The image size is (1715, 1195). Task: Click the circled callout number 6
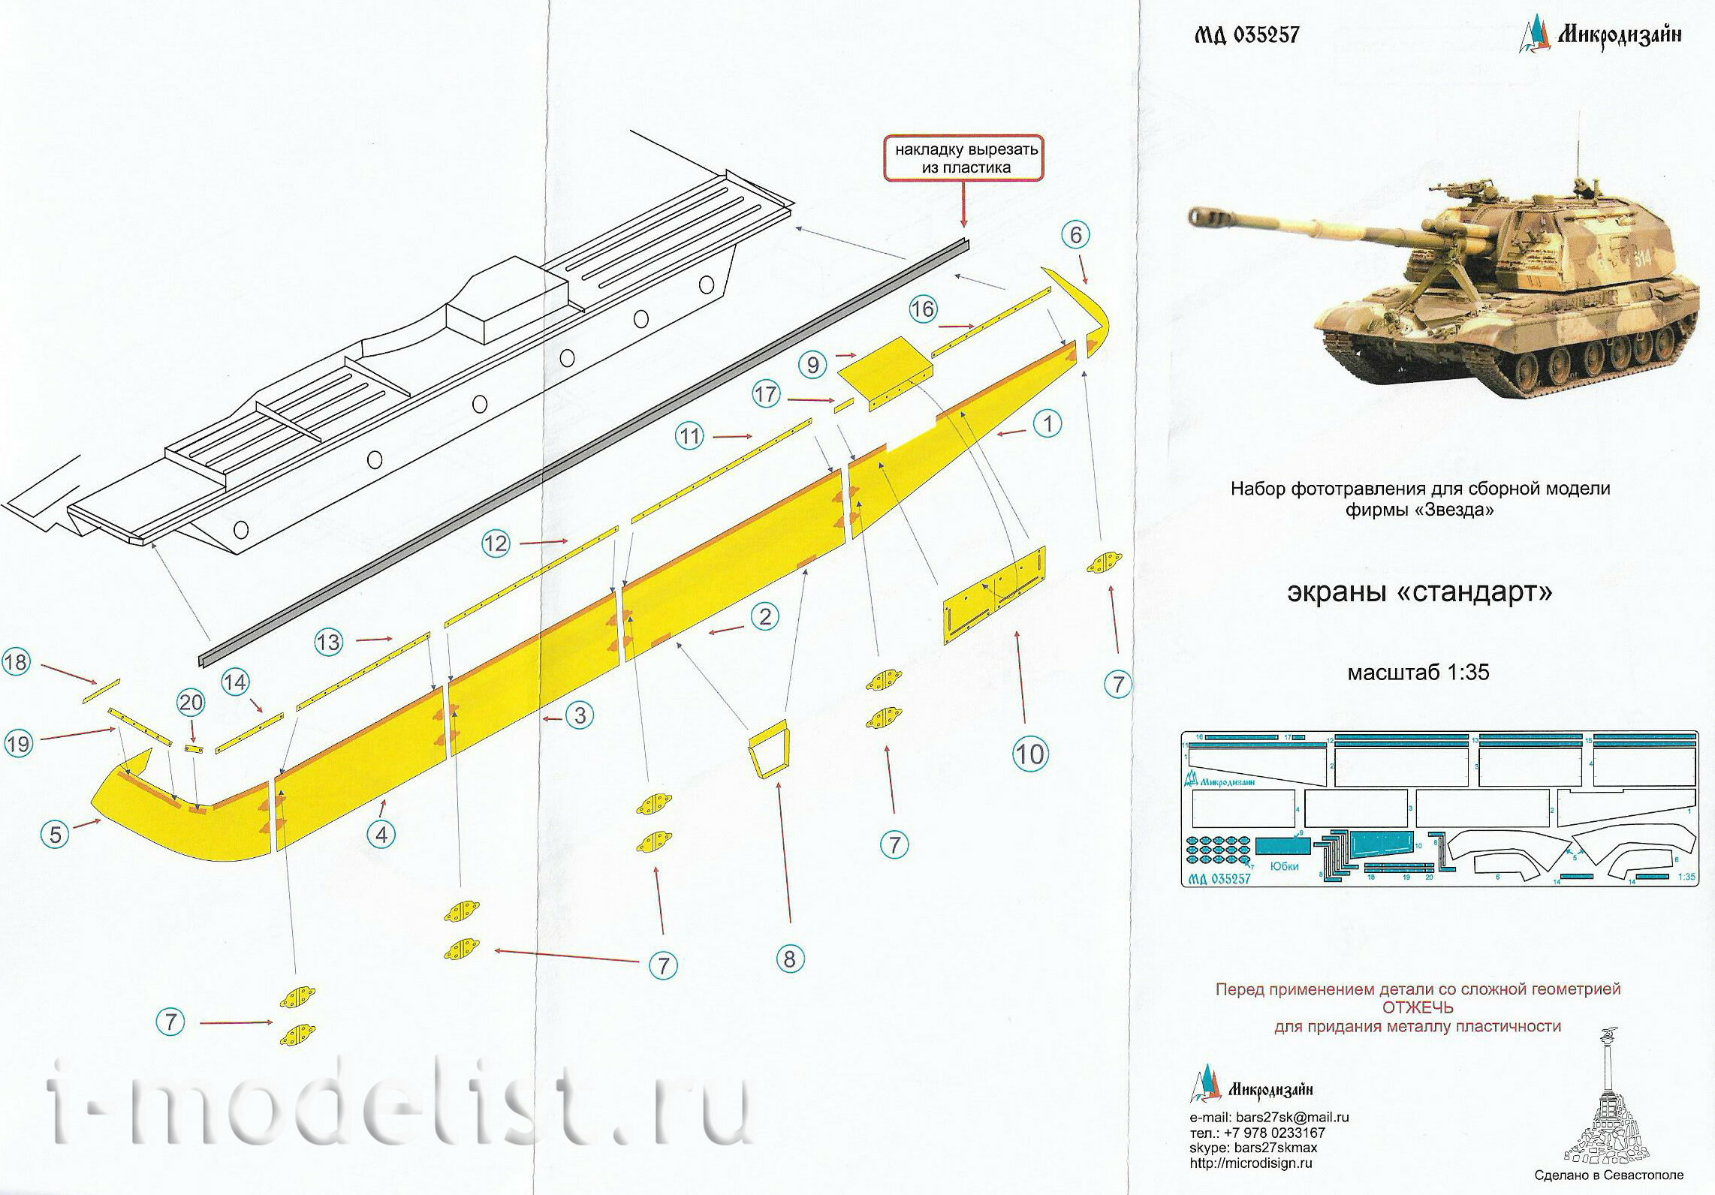click(1075, 235)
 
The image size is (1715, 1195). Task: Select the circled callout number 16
click(923, 309)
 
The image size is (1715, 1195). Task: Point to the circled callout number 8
click(789, 959)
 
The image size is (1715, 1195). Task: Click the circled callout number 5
click(56, 834)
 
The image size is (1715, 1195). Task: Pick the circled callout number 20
click(191, 703)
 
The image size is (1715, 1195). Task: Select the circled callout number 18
click(16, 662)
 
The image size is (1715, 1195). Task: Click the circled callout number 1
click(1047, 424)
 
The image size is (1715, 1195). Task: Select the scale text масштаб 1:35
click(1418, 672)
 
